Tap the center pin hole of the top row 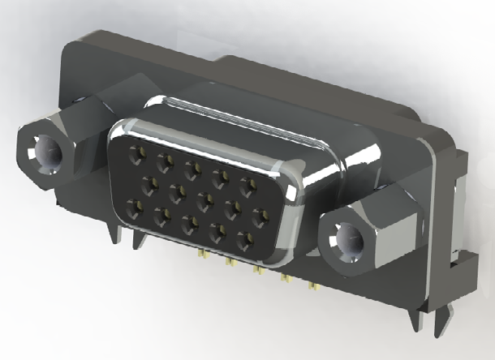(192, 169)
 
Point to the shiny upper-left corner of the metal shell (122, 130)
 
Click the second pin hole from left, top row (166, 161)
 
